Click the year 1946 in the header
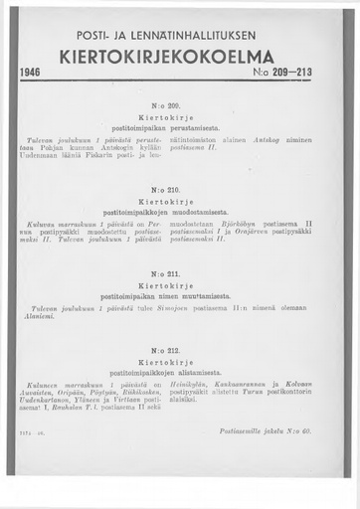[31, 74]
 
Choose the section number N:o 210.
[179, 188]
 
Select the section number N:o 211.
[179, 270]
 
